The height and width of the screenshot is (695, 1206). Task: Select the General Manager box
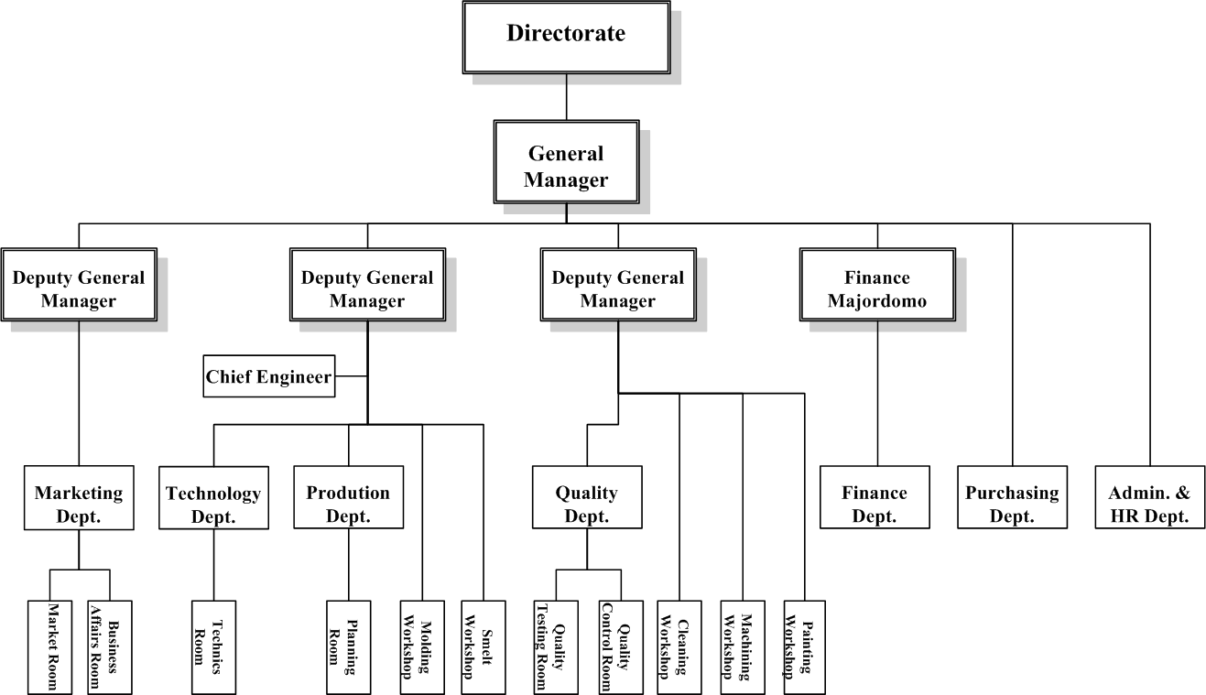pyautogui.click(x=566, y=166)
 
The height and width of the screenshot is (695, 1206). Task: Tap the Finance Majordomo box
pyautogui.click(x=877, y=288)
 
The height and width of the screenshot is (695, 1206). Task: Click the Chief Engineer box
pyautogui.click(x=268, y=376)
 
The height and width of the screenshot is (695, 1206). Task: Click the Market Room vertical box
pyautogui.click(x=49, y=646)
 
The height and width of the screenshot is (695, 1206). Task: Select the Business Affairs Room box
pyautogui.click(x=110, y=646)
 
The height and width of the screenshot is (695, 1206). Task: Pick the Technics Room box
pyautogui.click(x=213, y=646)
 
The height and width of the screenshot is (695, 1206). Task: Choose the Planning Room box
pyautogui.click(x=348, y=646)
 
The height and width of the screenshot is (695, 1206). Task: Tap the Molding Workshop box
pyautogui.click(x=422, y=646)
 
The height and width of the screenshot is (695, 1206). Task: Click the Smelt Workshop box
pyautogui.click(x=483, y=646)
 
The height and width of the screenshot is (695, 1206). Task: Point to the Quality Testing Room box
pyautogui.click(x=556, y=646)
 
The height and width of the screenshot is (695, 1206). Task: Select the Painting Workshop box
pyautogui.click(x=804, y=646)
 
